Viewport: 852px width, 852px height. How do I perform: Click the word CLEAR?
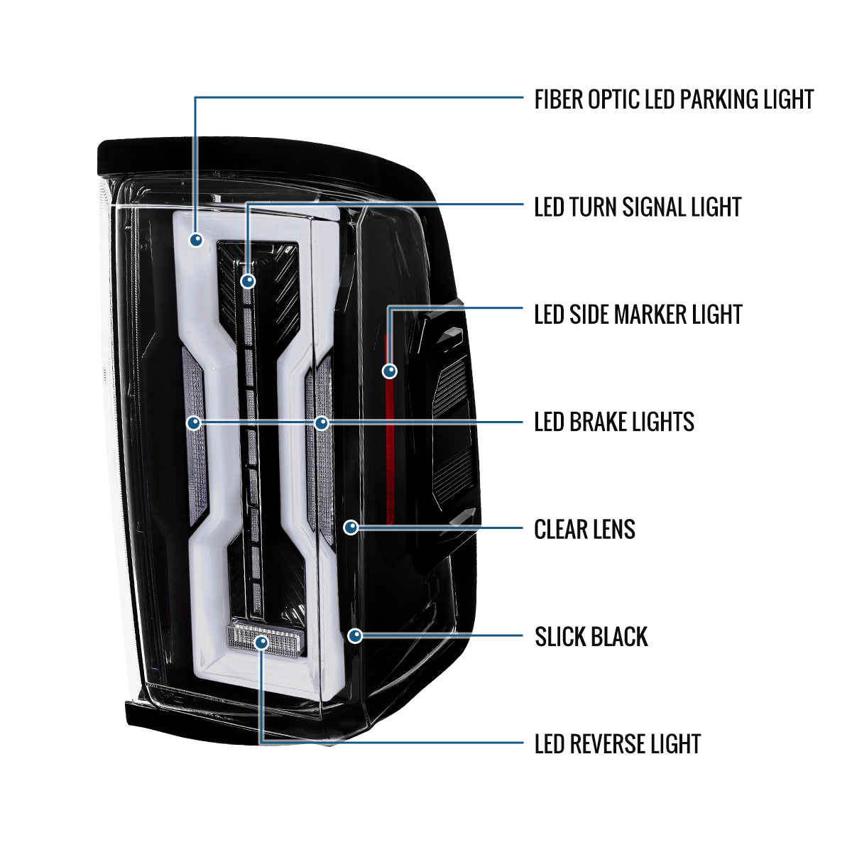pos(562,529)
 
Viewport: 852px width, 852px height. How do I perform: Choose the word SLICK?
pos(560,637)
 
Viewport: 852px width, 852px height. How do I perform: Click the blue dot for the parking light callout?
pos(196,240)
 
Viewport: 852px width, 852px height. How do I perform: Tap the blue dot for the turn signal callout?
pos(248,281)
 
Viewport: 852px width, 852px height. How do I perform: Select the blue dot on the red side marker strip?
pos(390,371)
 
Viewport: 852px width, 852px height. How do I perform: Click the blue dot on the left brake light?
pos(194,423)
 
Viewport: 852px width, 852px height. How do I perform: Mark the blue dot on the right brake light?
pos(322,423)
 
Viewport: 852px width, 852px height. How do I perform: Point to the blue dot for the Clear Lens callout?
pos(351,527)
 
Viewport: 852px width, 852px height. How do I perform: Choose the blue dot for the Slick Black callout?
pos(355,636)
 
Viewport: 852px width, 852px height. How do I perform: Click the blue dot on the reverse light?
pos(262,643)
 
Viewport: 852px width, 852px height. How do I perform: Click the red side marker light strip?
pos(390,429)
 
